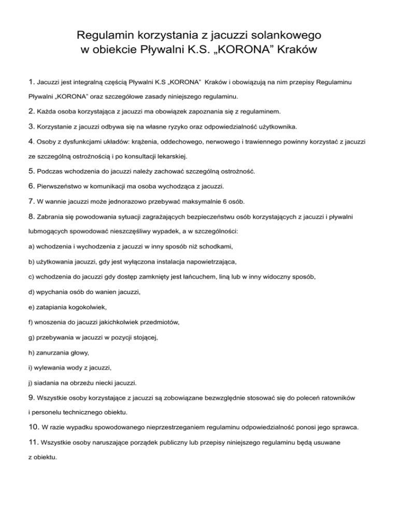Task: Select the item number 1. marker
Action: coord(32,81)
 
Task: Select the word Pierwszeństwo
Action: coord(64,185)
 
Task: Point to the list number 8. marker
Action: coord(32,214)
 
